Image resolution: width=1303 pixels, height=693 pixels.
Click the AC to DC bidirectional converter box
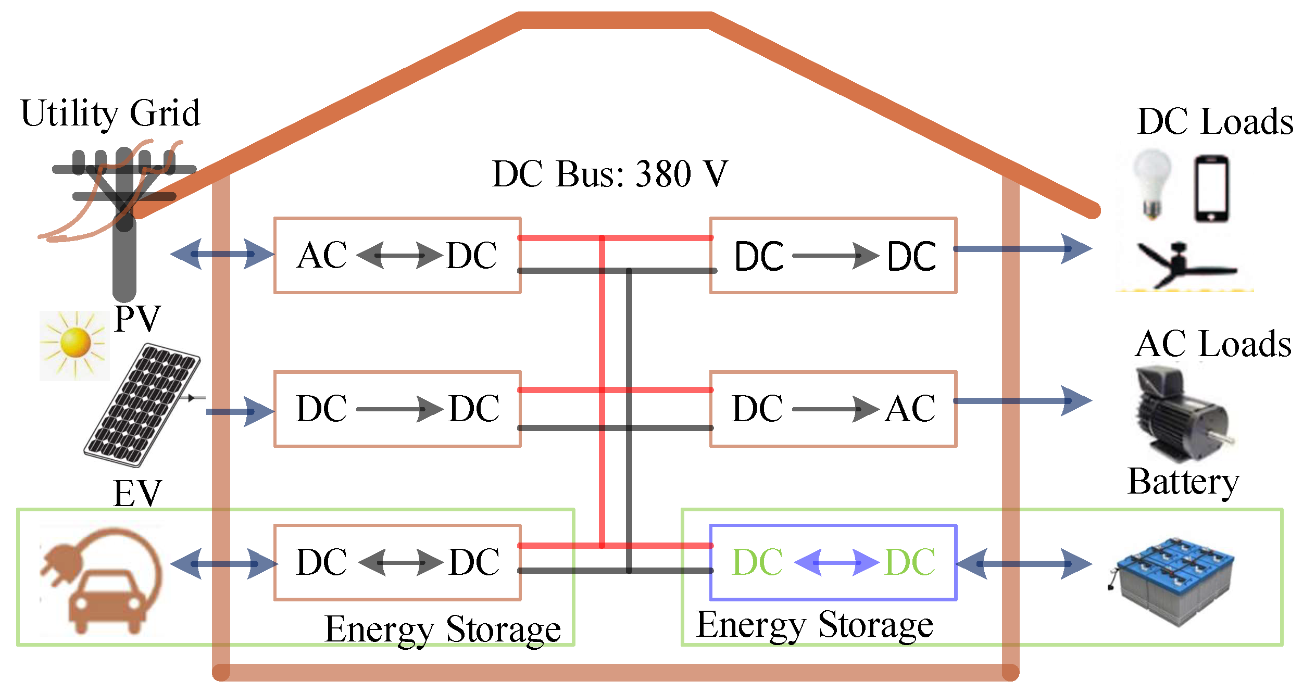pyautogui.click(x=397, y=255)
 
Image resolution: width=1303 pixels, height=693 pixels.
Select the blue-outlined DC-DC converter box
pyautogui.click(x=833, y=562)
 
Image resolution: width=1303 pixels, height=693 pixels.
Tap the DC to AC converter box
pyautogui.click(x=833, y=409)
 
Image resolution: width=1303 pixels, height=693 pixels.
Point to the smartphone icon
pyautogui.click(x=1211, y=188)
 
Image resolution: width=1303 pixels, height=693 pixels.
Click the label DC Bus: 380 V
pyautogui.click(x=609, y=174)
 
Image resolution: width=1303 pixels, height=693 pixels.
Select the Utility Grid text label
pyautogui.click(x=110, y=113)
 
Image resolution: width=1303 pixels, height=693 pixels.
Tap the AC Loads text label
pyautogui.click(x=1213, y=344)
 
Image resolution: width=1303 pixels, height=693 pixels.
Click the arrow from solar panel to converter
pyautogui.click(x=240, y=411)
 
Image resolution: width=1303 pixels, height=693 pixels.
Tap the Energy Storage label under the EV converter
pyautogui.click(x=443, y=629)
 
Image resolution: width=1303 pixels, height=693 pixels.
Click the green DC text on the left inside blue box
pyautogui.click(x=757, y=562)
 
